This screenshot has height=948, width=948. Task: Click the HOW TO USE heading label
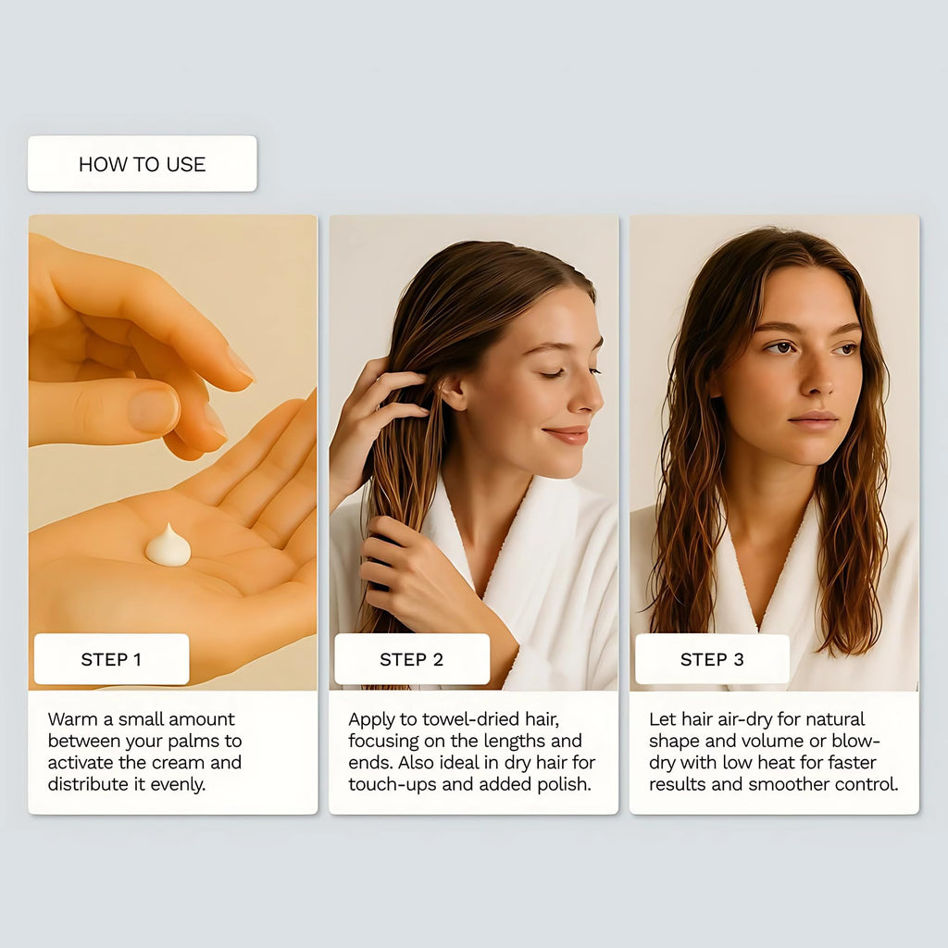142,164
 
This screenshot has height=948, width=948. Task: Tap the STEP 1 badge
112,659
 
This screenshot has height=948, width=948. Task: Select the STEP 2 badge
412,659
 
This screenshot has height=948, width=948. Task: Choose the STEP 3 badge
712,659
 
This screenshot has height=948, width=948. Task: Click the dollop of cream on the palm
168,546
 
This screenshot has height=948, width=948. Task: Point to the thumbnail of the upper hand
154,410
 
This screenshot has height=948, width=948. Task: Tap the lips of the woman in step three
813,419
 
